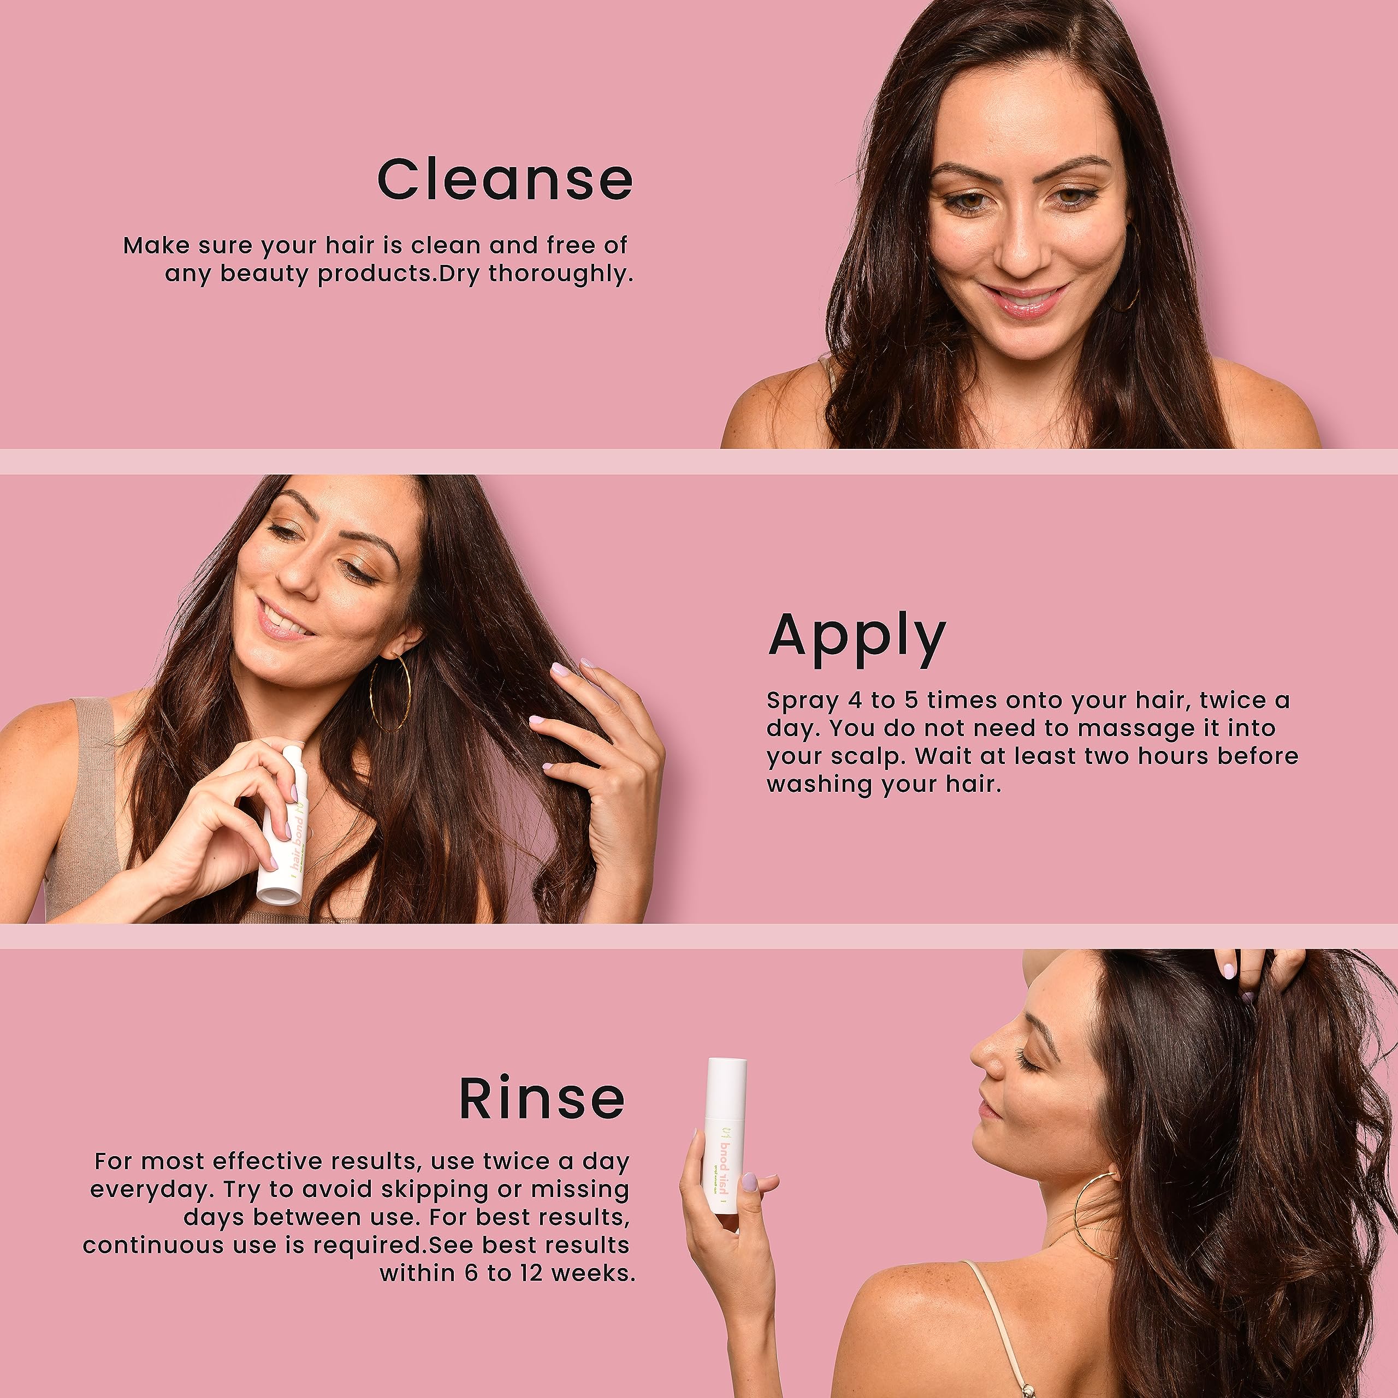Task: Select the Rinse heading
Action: coord(542,1098)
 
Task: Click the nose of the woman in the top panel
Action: coord(1022,250)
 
